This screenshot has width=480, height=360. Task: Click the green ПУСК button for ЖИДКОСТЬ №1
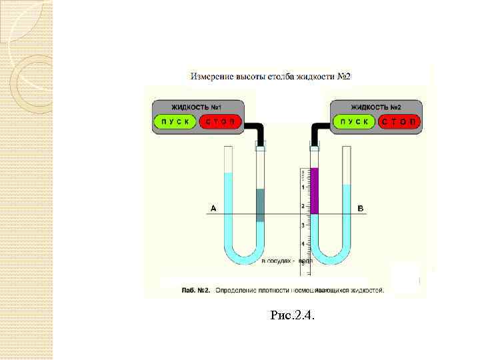(x=175, y=121)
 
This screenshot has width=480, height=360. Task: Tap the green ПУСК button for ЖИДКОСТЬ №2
(x=354, y=121)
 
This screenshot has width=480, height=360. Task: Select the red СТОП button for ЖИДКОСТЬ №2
(x=398, y=121)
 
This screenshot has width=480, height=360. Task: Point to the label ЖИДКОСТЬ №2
(x=376, y=107)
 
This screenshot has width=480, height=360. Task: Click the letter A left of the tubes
(x=213, y=209)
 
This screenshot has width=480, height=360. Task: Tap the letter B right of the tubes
(x=361, y=209)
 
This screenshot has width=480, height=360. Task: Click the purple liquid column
(x=315, y=191)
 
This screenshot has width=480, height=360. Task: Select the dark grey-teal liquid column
(x=260, y=205)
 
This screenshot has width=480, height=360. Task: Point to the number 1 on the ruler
(x=303, y=187)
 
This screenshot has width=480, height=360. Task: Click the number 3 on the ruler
(x=303, y=225)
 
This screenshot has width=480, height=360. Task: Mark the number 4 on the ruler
(x=303, y=244)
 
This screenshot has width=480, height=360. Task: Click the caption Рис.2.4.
(x=291, y=314)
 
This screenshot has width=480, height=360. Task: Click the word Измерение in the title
(x=211, y=77)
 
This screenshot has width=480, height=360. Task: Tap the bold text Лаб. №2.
(x=197, y=291)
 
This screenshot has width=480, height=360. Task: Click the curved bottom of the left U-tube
(x=244, y=256)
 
